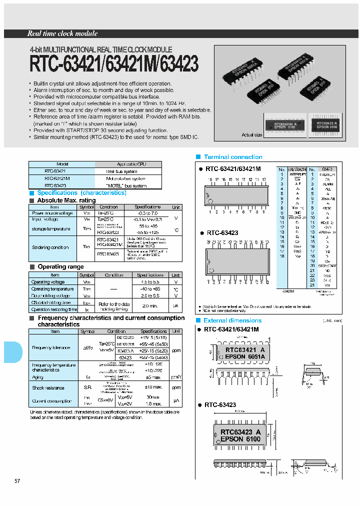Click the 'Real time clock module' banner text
(x=62, y=33)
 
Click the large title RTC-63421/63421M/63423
(x=114, y=64)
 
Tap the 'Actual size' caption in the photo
(x=251, y=135)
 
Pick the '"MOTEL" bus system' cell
(x=126, y=185)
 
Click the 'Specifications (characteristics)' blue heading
(x=81, y=193)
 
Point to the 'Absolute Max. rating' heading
(x=66, y=200)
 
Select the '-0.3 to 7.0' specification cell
(x=147, y=213)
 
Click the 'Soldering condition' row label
(x=50, y=247)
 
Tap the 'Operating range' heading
(x=60, y=267)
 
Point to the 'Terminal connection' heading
(x=233, y=157)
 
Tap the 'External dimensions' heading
(x=232, y=320)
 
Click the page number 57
(x=17, y=481)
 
